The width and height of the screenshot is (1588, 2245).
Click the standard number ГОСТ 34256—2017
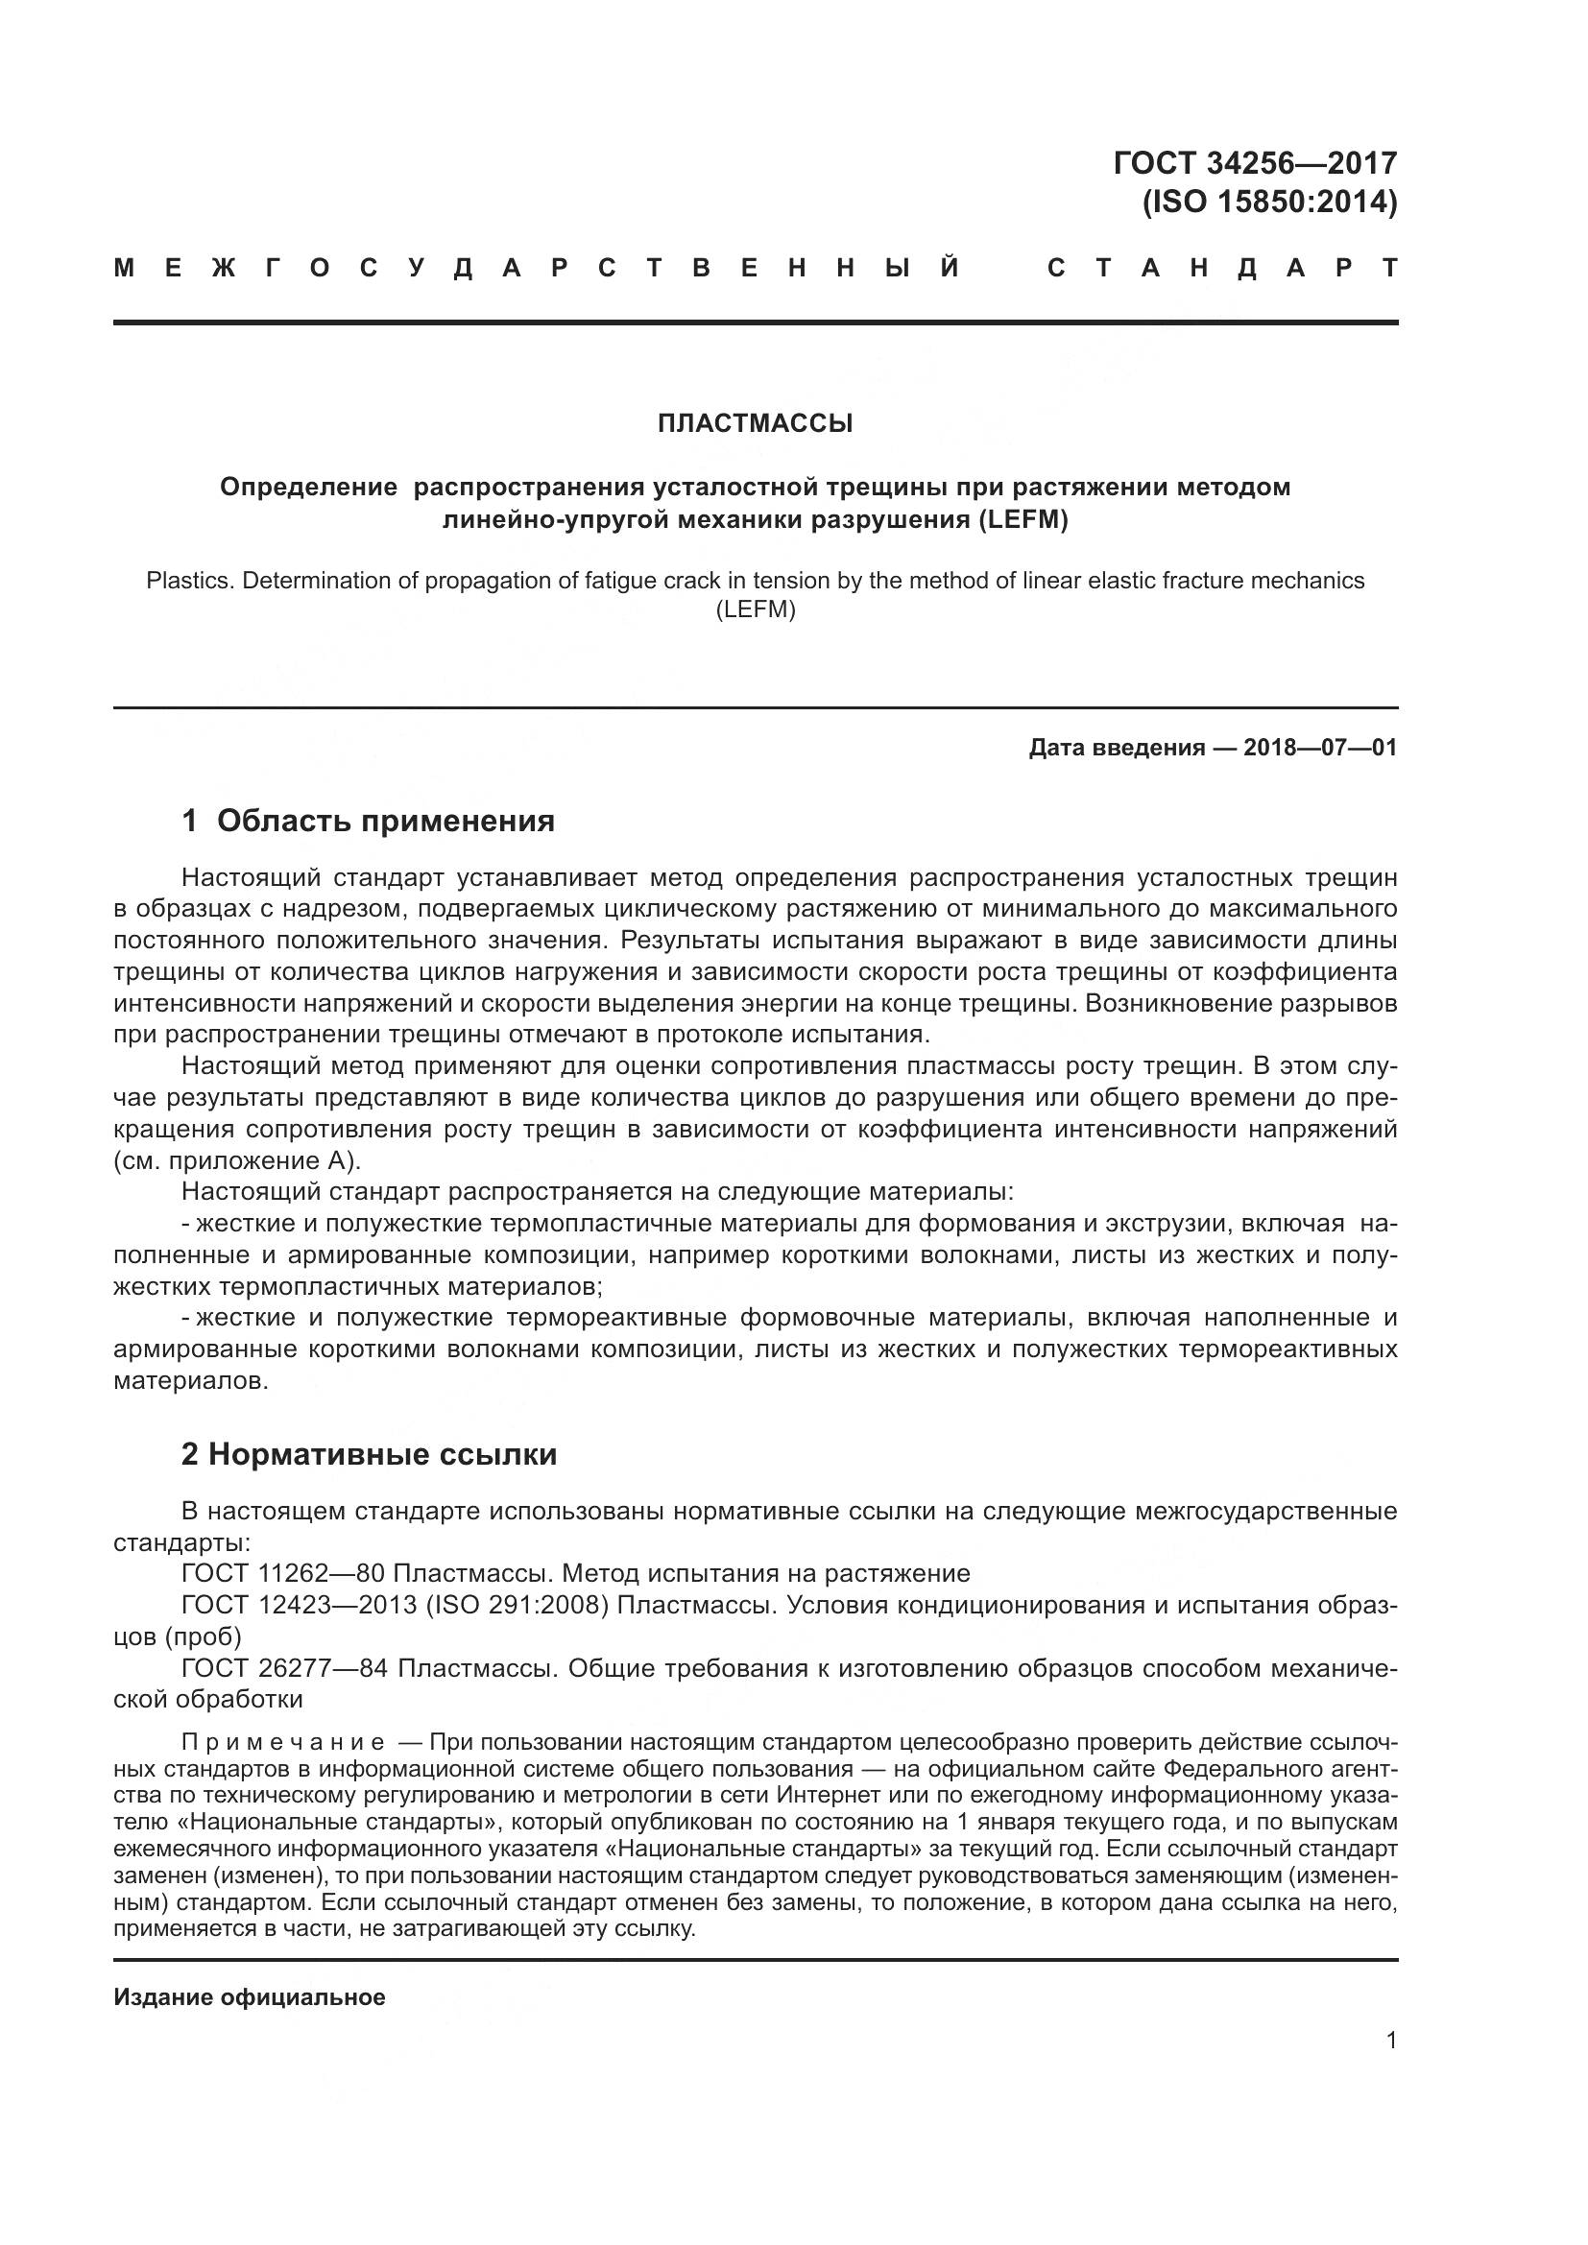point(1255,162)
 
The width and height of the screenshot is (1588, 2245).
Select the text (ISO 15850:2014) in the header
point(1269,203)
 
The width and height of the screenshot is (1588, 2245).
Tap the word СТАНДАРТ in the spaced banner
point(1222,268)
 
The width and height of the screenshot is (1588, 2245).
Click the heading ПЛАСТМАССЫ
point(755,423)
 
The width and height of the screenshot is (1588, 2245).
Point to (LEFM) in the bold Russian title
point(1022,519)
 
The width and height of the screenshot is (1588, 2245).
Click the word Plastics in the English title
point(188,581)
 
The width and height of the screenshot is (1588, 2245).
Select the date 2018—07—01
point(1320,748)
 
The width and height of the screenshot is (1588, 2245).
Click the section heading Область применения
point(385,822)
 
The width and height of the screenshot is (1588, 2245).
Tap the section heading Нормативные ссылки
point(382,1454)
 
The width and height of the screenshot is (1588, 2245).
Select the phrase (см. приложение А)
point(237,1160)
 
